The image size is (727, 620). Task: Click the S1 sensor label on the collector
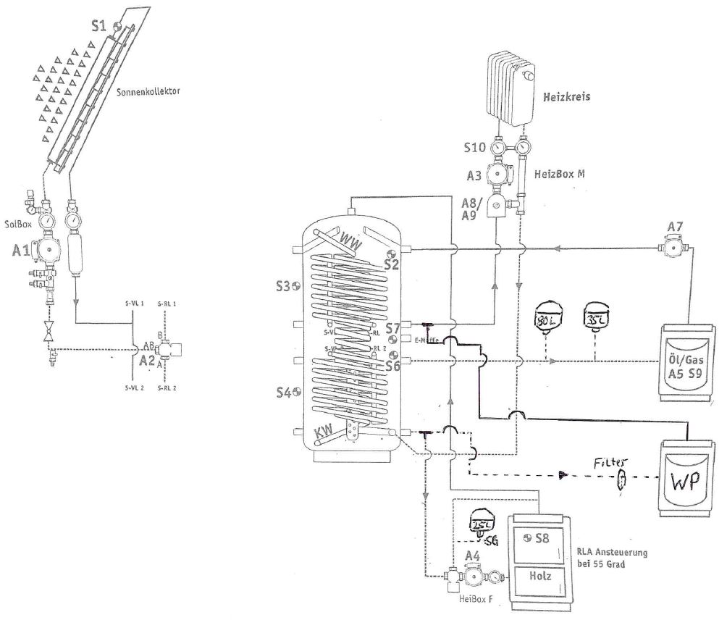click(x=98, y=25)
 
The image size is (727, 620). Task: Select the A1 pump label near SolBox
click(x=22, y=251)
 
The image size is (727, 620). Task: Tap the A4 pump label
click(x=473, y=556)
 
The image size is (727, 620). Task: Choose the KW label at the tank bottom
click(x=324, y=434)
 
